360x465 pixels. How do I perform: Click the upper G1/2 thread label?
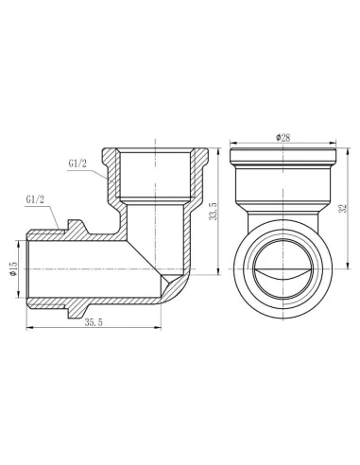click(80, 163)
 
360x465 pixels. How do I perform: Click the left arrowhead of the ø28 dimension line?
click(232, 146)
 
